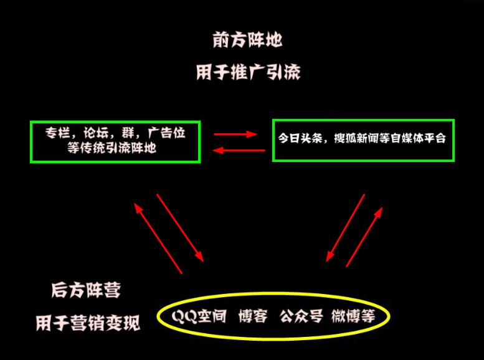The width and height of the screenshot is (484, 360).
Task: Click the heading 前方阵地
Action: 247,40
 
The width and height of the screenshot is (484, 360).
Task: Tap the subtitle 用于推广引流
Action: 247,72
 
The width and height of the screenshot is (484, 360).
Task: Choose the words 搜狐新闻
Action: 361,138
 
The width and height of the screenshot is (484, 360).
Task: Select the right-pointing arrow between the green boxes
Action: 235,133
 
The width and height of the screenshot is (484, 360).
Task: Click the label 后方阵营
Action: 86,290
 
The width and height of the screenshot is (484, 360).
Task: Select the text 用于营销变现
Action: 87,323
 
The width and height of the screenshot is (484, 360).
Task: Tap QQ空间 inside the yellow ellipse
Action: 199,316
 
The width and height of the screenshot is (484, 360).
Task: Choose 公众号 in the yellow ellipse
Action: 301,316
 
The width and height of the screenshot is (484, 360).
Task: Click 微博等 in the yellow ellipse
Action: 353,316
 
